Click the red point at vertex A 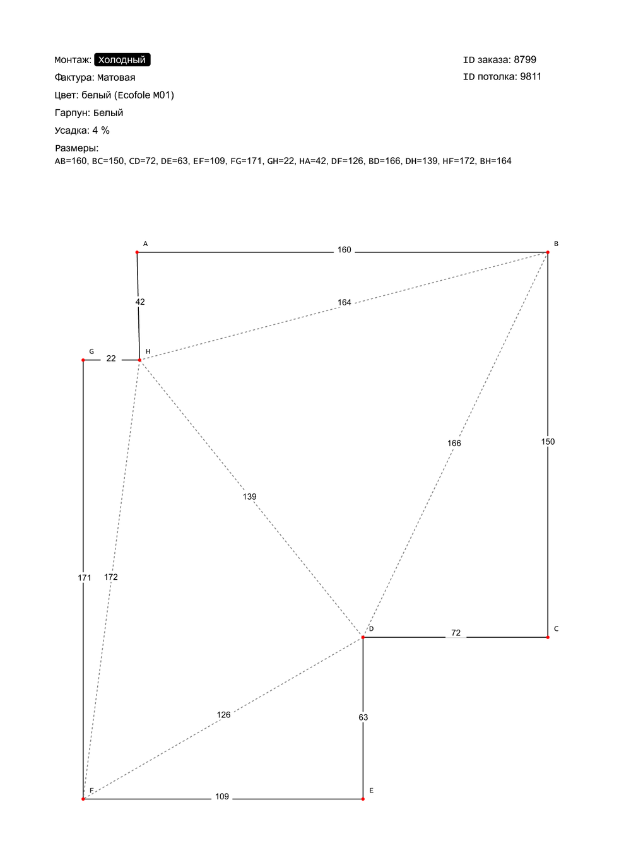point(137,252)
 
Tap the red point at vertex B point(548,252)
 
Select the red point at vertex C point(548,637)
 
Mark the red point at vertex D point(363,637)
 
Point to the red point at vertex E point(363,799)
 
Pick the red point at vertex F point(83,799)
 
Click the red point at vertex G point(83,360)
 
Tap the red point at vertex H point(139,360)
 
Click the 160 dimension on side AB point(344,250)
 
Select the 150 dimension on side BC point(548,442)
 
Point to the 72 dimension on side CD point(456,633)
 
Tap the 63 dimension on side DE point(363,717)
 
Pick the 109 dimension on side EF point(221,797)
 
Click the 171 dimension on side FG point(85,577)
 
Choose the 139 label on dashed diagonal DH point(249,497)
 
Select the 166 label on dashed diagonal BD point(454,443)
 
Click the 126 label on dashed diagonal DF point(223,715)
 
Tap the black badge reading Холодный point(122,60)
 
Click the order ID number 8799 point(525,60)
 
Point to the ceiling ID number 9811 point(531,76)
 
